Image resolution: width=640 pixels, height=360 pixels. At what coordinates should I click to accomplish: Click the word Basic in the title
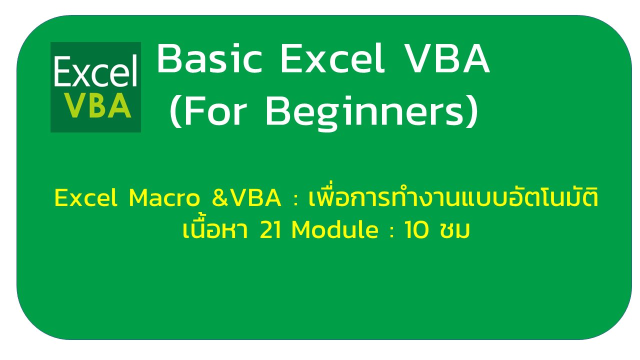point(209,58)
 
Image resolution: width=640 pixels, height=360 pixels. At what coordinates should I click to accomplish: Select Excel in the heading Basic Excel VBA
point(332,58)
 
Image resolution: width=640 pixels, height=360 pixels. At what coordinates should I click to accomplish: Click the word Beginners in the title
point(365,113)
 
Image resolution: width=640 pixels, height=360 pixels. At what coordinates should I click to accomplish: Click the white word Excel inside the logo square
point(95,71)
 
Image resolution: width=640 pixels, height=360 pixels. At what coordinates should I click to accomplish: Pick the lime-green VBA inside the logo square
point(97,105)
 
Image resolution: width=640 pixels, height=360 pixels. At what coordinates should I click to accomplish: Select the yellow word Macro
point(164,197)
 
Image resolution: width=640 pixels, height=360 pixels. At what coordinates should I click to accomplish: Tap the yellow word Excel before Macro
point(85,197)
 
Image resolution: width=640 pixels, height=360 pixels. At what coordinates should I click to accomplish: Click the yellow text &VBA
point(246,197)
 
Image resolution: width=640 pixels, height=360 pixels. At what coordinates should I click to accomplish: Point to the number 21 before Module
point(270,229)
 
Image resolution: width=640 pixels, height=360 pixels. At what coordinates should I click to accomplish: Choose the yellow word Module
point(335,229)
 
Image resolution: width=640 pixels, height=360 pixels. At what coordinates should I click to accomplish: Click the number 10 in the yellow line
point(416,229)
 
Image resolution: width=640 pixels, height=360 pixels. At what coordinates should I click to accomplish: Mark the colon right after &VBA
point(295,200)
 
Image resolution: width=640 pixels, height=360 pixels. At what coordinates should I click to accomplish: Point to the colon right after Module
point(391,232)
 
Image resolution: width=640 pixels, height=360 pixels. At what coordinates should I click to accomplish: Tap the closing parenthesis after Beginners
point(472,111)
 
